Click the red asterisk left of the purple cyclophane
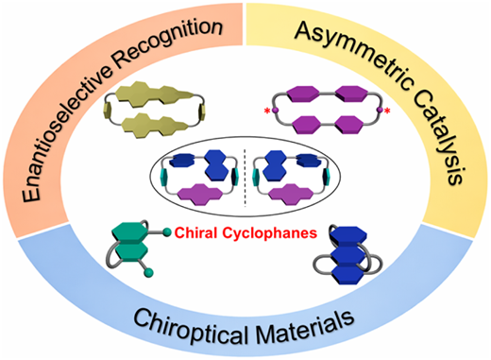click(x=267, y=111)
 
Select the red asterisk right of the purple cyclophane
click(x=387, y=111)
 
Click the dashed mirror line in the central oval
click(x=245, y=178)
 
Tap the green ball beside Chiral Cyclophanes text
click(x=167, y=232)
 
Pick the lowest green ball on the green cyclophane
click(x=148, y=273)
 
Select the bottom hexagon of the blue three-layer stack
click(x=348, y=274)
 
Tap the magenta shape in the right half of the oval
click(x=291, y=196)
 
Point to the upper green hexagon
click(x=129, y=232)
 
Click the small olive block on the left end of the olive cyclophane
click(x=107, y=111)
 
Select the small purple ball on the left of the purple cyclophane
click(x=275, y=111)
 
